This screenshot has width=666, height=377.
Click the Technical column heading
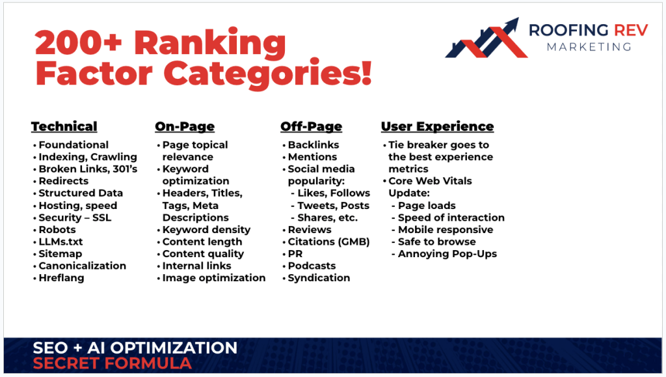click(x=64, y=126)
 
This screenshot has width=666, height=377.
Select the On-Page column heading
click(x=184, y=126)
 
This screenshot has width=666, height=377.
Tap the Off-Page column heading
click(x=311, y=126)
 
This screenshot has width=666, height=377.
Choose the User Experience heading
click(x=437, y=126)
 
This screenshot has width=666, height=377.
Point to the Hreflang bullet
click(x=61, y=277)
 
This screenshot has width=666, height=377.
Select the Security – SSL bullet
click(x=75, y=217)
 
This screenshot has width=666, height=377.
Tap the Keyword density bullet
click(x=206, y=229)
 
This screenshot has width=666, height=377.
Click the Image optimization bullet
click(x=213, y=277)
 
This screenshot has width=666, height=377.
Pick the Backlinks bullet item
click(x=313, y=145)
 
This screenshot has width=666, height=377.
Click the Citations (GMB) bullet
click(x=328, y=242)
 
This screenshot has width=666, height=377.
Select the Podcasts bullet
click(x=312, y=266)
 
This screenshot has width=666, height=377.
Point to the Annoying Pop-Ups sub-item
click(x=447, y=253)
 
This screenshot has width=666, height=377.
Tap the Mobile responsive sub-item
click(x=445, y=229)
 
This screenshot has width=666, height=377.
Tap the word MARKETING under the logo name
click(x=589, y=47)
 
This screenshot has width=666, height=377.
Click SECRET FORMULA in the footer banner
click(x=112, y=363)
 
